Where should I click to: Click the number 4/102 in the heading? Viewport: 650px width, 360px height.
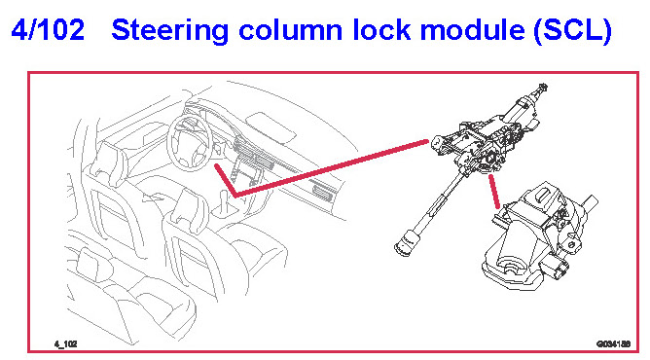(x=48, y=30)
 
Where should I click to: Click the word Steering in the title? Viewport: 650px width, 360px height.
(x=170, y=31)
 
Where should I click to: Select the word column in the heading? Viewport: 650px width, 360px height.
(x=291, y=30)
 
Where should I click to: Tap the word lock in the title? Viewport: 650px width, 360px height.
(x=381, y=30)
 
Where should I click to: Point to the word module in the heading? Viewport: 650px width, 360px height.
(x=472, y=30)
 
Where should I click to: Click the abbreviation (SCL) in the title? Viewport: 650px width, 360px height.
(x=573, y=31)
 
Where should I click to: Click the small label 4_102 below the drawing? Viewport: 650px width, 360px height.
(x=65, y=343)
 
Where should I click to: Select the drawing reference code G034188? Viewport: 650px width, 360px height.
(x=613, y=343)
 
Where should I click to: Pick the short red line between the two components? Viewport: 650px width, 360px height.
(x=494, y=192)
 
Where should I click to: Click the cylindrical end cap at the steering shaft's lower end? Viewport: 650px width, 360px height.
(x=406, y=243)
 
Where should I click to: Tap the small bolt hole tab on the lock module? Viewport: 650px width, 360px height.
(x=572, y=245)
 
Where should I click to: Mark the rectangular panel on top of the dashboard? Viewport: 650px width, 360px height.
(x=271, y=127)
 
